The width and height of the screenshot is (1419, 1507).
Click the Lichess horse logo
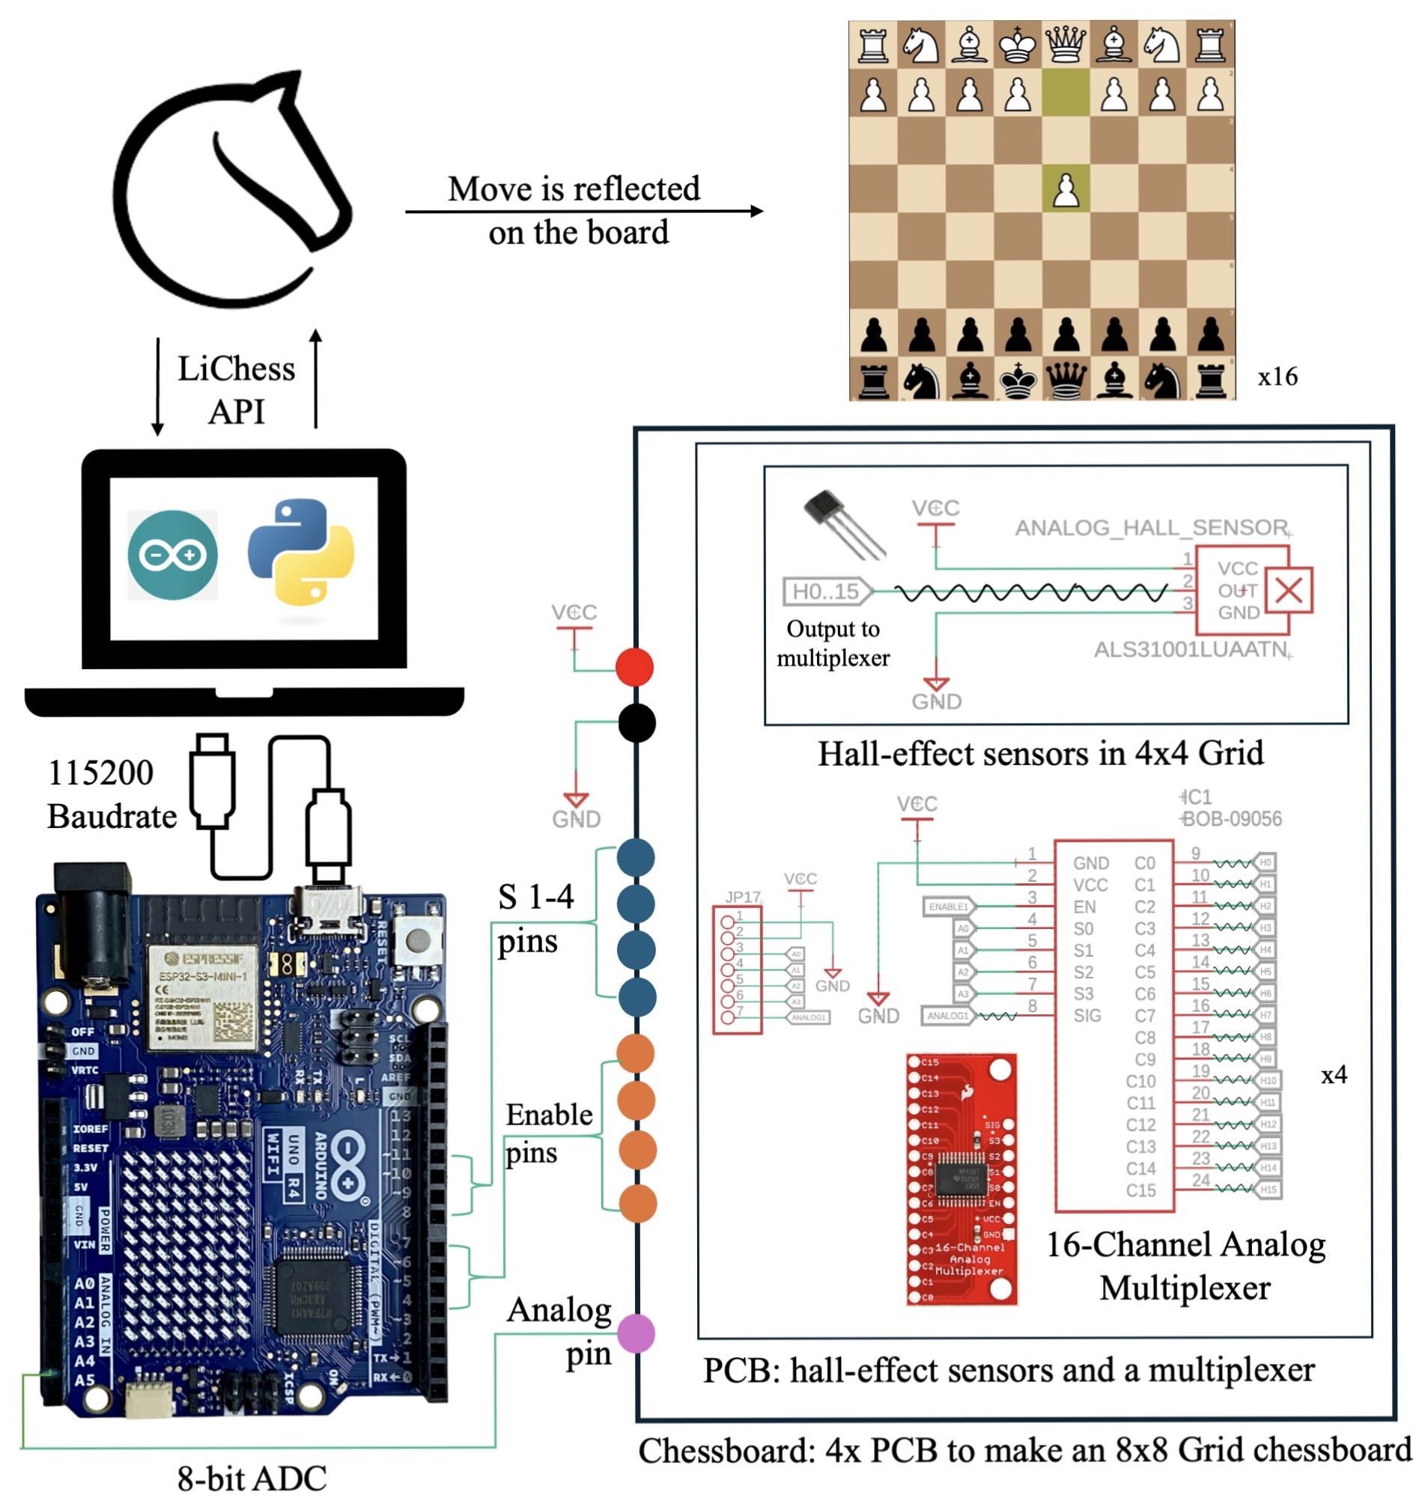[x=231, y=189]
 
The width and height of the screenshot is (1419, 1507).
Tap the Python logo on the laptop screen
[x=300, y=551]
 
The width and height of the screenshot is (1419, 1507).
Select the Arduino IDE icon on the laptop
[x=172, y=555]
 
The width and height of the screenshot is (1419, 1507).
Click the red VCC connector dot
[x=634, y=666]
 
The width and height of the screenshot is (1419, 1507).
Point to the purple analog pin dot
[x=636, y=1333]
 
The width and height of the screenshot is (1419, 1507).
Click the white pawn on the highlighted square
[x=1066, y=189]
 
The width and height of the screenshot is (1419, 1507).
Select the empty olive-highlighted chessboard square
[x=1066, y=94]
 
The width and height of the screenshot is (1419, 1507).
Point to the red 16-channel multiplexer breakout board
[x=961, y=1180]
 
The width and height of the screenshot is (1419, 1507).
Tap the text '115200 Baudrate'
[x=110, y=794]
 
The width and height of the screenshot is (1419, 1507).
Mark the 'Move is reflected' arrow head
[x=756, y=210]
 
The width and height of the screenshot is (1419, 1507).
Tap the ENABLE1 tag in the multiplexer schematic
[x=948, y=906]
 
